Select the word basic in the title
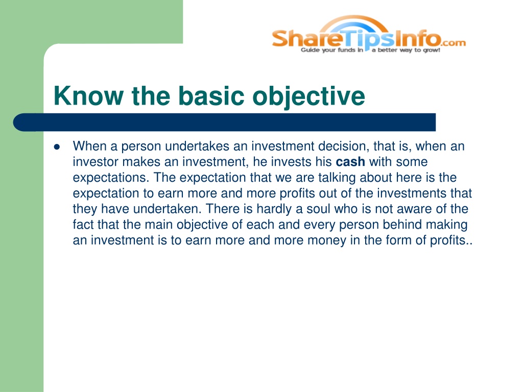click(x=211, y=96)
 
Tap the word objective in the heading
click(x=309, y=96)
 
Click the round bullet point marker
click(x=57, y=146)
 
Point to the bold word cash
click(x=350, y=162)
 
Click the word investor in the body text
click(x=96, y=162)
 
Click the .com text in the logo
click(x=454, y=43)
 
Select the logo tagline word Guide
click(x=310, y=50)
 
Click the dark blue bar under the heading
click(x=225, y=122)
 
